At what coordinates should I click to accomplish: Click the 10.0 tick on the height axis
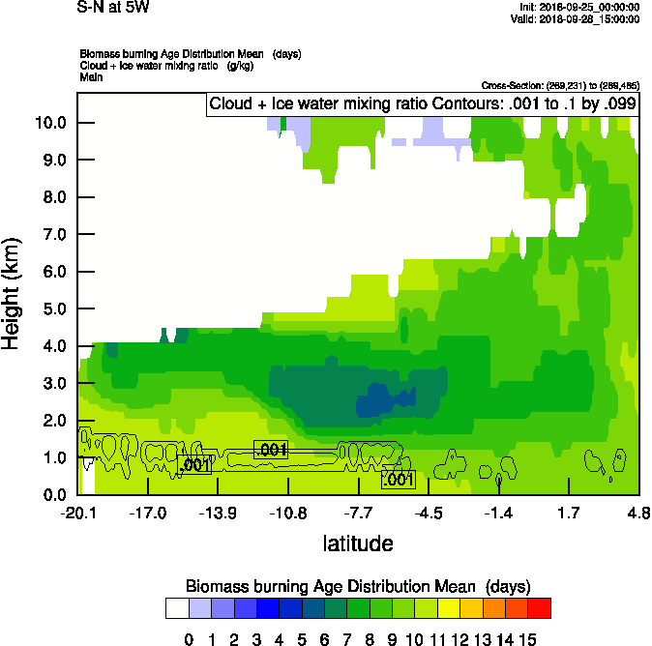click(50, 123)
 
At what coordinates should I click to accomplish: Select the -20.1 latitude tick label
click(77, 513)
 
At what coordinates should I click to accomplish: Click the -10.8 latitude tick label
click(287, 513)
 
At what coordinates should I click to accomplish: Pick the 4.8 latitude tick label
click(637, 513)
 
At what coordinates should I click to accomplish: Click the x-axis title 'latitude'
click(358, 543)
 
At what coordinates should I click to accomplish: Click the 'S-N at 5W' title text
click(113, 8)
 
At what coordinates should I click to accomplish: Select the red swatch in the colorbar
click(540, 607)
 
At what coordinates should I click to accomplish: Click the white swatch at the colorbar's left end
click(176, 607)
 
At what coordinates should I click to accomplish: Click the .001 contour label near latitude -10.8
click(271, 450)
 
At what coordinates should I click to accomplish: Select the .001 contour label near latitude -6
click(399, 479)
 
